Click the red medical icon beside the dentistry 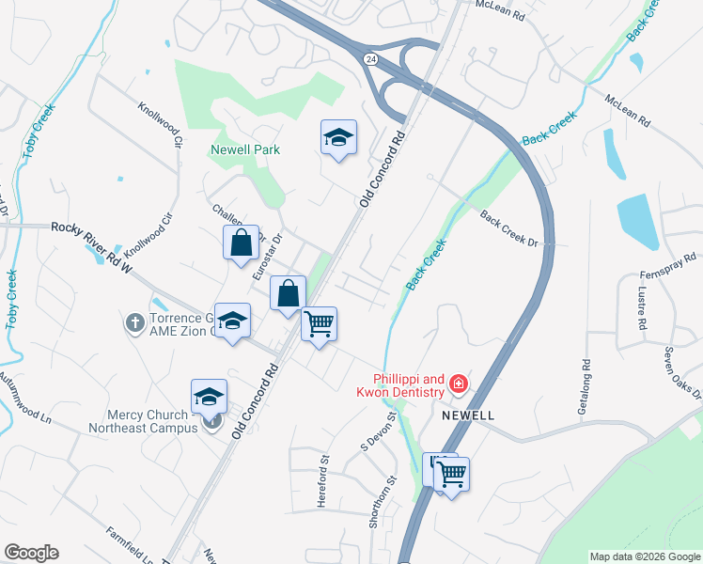[x=459, y=384]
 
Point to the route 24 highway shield [x=371, y=58]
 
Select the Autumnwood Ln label [x=24, y=409]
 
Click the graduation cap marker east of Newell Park [x=338, y=138]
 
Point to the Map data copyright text [x=645, y=556]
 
